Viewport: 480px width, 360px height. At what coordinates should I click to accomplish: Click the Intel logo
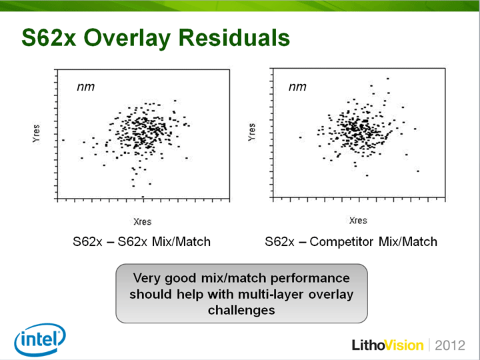point(40,339)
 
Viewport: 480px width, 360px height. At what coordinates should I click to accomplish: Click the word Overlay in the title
point(127,38)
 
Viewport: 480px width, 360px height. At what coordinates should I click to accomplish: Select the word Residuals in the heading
point(234,37)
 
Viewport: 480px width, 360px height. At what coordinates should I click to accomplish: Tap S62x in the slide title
point(49,37)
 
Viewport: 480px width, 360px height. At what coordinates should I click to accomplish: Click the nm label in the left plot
point(86,87)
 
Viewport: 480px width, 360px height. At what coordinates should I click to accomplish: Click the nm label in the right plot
point(297,87)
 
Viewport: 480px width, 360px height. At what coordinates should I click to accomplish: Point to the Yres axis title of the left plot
point(36,133)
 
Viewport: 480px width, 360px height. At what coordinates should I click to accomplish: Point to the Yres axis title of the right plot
point(251,132)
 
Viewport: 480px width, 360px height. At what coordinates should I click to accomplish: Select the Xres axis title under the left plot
point(143,221)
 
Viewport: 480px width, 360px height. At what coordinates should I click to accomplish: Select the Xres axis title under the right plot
point(358,221)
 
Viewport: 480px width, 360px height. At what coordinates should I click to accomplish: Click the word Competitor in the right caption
point(341,242)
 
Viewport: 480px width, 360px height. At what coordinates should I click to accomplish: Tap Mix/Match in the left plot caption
point(181,242)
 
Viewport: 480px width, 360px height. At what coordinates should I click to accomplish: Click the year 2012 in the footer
point(450,345)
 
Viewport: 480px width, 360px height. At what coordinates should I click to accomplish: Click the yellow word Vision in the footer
point(404,345)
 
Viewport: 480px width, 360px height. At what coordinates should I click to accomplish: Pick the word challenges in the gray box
point(241,310)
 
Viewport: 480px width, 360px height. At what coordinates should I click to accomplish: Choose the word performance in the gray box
point(310,278)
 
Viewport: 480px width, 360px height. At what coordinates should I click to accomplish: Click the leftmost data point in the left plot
point(63,140)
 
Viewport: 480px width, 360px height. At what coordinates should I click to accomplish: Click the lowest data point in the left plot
point(143,197)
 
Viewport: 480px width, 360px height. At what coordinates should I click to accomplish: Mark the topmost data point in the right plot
point(388,79)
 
